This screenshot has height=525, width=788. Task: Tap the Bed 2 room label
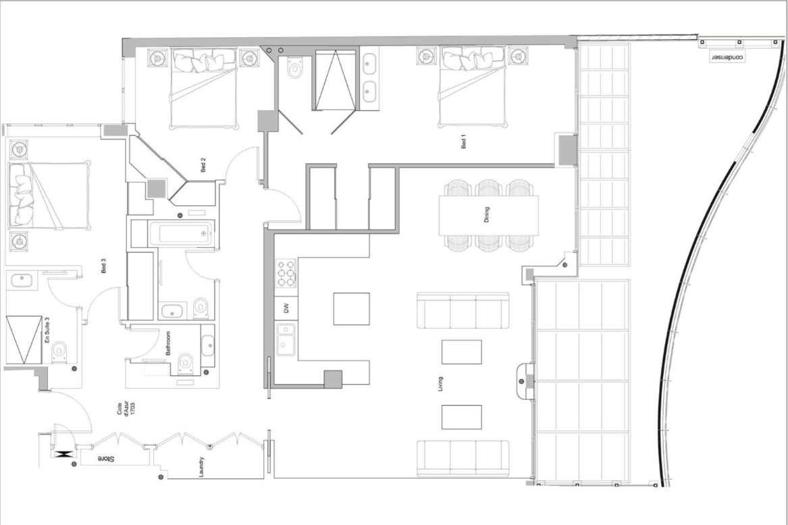pyautogui.click(x=203, y=165)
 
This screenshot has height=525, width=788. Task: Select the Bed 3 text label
pyautogui.click(x=104, y=266)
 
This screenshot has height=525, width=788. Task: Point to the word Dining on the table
pyautogui.click(x=486, y=215)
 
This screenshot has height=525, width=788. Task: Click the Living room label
pyautogui.click(x=441, y=384)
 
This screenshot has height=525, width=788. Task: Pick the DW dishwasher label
pyautogui.click(x=286, y=308)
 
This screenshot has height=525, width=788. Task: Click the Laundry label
pyautogui.click(x=201, y=467)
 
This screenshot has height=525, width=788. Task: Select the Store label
pyautogui.click(x=105, y=459)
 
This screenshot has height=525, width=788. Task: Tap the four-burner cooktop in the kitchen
pyautogui.click(x=286, y=273)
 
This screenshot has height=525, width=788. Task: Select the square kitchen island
pyautogui.click(x=351, y=308)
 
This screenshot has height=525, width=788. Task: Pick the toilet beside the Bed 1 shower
pyautogui.click(x=294, y=67)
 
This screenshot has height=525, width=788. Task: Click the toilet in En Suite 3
pyautogui.click(x=59, y=352)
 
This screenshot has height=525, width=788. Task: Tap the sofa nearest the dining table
pyautogui.click(x=463, y=310)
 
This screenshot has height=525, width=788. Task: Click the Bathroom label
pyautogui.click(x=168, y=343)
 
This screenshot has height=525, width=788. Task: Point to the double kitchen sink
pyautogui.click(x=286, y=339)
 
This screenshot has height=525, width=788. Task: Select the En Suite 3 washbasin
pyautogui.click(x=22, y=280)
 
